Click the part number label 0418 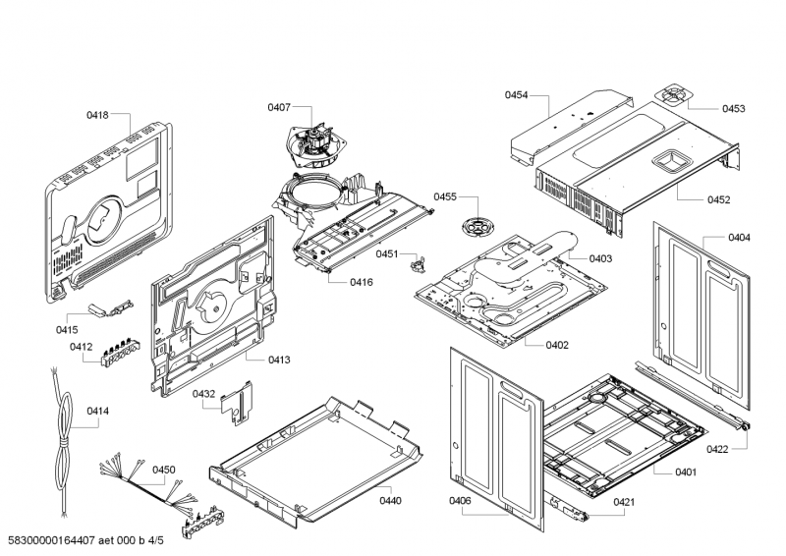(97, 115)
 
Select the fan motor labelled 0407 (310, 146)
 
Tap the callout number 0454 (517, 95)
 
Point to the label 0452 (719, 200)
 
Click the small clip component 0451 (418, 264)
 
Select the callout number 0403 (600, 258)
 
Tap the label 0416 (362, 282)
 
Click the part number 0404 (740, 238)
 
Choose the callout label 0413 (279, 360)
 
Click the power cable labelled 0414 (63, 441)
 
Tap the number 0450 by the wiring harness (164, 470)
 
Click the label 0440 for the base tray (390, 500)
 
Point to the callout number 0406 (460, 500)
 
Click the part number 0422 (717, 449)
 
